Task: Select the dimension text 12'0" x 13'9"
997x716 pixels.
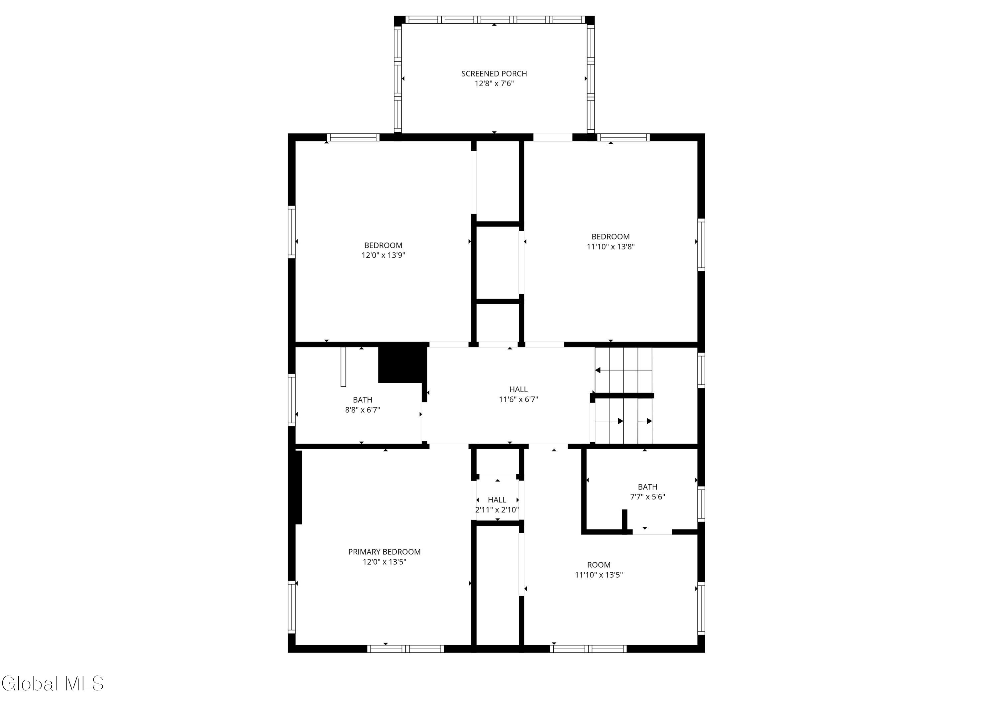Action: pos(383,255)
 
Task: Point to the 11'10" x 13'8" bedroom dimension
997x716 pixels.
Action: pos(610,247)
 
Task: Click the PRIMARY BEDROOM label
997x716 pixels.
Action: pos(384,551)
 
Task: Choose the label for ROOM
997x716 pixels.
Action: pos(599,565)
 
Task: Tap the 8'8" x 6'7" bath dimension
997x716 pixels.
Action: pos(362,410)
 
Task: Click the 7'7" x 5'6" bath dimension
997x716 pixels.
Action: pos(647,497)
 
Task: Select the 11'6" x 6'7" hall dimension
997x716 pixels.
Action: pos(518,399)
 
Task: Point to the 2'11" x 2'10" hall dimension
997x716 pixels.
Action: pos(497,510)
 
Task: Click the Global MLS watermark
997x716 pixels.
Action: pos(53,683)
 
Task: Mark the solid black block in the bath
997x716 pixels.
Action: pos(402,364)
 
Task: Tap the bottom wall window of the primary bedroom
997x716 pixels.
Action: pos(406,649)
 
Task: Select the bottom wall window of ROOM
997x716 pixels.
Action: pos(588,649)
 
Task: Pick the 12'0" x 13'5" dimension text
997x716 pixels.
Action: pos(384,562)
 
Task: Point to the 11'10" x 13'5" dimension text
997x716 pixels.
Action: pos(599,575)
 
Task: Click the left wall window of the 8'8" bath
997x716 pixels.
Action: pos(291,400)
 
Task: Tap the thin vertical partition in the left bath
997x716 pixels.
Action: pos(343,367)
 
